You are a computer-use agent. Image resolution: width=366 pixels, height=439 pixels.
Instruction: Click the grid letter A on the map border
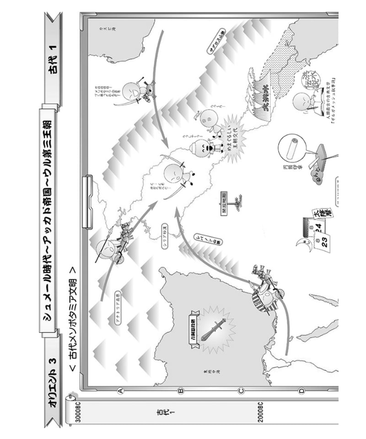[x=122, y=391]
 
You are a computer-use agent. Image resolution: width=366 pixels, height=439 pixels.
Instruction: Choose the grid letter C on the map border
[x=241, y=391]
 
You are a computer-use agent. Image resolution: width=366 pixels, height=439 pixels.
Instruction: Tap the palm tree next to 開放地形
[x=237, y=202]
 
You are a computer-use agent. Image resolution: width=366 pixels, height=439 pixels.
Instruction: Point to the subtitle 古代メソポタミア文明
[x=72, y=316]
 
